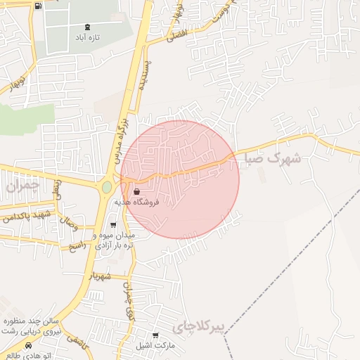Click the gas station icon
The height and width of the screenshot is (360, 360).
coord(37,6)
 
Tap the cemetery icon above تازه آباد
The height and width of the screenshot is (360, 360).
coord(87,27)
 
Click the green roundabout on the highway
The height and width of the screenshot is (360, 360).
coord(106,188)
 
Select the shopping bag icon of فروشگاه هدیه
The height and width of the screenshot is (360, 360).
coord(136,191)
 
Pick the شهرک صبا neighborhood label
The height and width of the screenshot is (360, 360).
coord(274,157)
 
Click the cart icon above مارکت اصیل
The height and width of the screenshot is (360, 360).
coord(156,335)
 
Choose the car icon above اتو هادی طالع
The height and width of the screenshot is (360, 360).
coord(28,346)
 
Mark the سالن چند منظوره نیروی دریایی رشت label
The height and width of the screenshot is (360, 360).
coord(32,326)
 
